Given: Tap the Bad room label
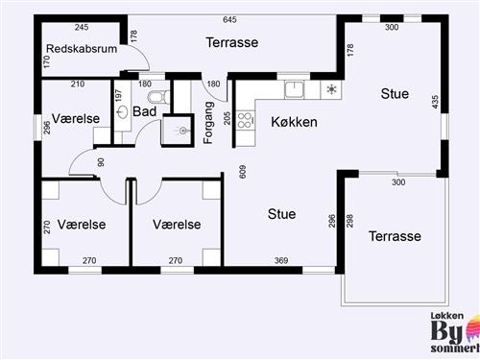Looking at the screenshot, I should (144, 112).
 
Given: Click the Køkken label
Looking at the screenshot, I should (294, 122).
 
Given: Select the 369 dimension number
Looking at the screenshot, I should (281, 260).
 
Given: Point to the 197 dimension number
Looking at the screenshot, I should (119, 97).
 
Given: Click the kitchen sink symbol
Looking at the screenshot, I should (294, 90).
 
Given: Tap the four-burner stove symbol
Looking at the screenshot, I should (245, 120).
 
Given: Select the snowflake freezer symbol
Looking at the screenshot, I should (331, 90).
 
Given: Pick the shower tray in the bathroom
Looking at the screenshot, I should (177, 131).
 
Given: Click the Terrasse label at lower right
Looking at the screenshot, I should (396, 235).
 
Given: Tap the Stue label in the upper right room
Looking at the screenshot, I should (395, 94).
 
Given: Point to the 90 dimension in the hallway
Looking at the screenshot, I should (100, 161).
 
